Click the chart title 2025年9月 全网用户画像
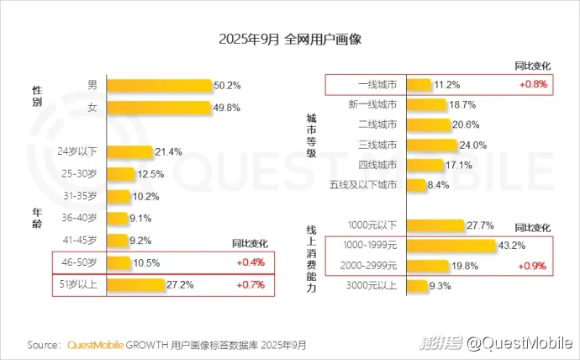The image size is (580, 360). tap(289, 40)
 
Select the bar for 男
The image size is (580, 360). tap(159, 85)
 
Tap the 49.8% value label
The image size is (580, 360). tap(226, 107)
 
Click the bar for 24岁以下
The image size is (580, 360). tap(129, 152)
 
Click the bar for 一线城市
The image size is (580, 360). tap(419, 85)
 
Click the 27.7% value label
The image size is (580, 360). tap(480, 225)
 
